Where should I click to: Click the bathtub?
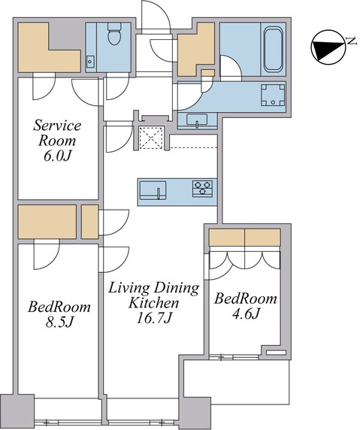[272, 48]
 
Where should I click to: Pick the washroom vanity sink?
[198, 121]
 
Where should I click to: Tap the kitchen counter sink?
[155, 189]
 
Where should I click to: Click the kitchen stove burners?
[203, 189]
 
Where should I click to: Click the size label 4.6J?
[245, 314]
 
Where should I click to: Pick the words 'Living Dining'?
[153, 287]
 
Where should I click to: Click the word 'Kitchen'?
[153, 304]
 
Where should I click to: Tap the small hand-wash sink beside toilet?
[91, 60]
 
